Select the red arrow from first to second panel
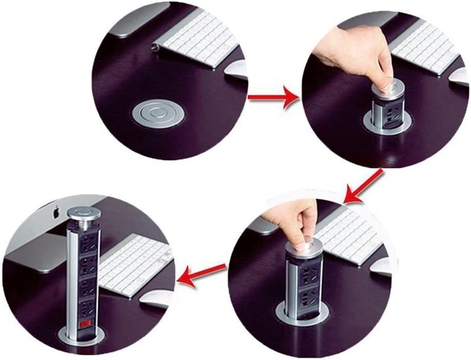[x=273, y=97]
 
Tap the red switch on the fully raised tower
[x=85, y=324]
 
